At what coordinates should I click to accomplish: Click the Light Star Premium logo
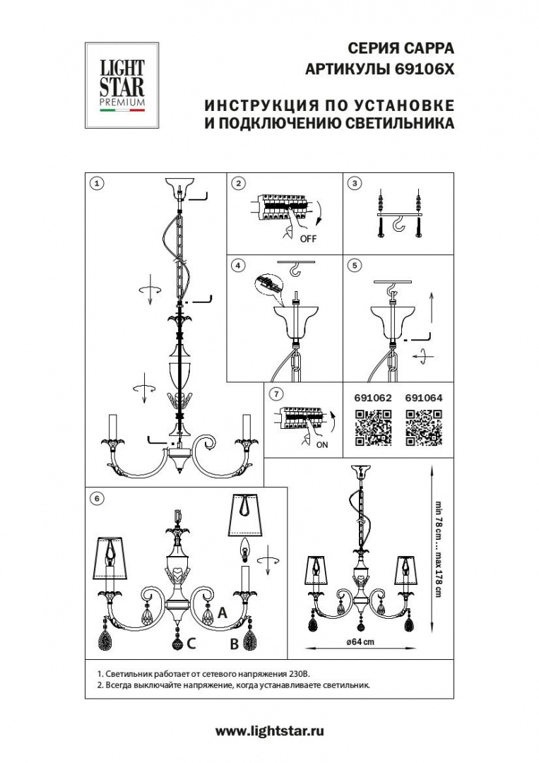(x=122, y=86)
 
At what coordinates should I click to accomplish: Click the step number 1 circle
(x=97, y=183)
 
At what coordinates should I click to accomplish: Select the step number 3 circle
(x=355, y=183)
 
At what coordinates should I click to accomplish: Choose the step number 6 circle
(x=97, y=498)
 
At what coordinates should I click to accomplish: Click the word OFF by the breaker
(x=308, y=239)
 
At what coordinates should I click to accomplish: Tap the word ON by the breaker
(x=321, y=444)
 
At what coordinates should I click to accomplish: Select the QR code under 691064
(x=423, y=427)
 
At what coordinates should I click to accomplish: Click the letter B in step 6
(x=232, y=644)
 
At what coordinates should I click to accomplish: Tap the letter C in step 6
(x=191, y=644)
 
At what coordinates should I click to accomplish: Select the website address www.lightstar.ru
(x=269, y=731)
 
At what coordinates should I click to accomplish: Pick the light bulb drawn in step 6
(x=247, y=548)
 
